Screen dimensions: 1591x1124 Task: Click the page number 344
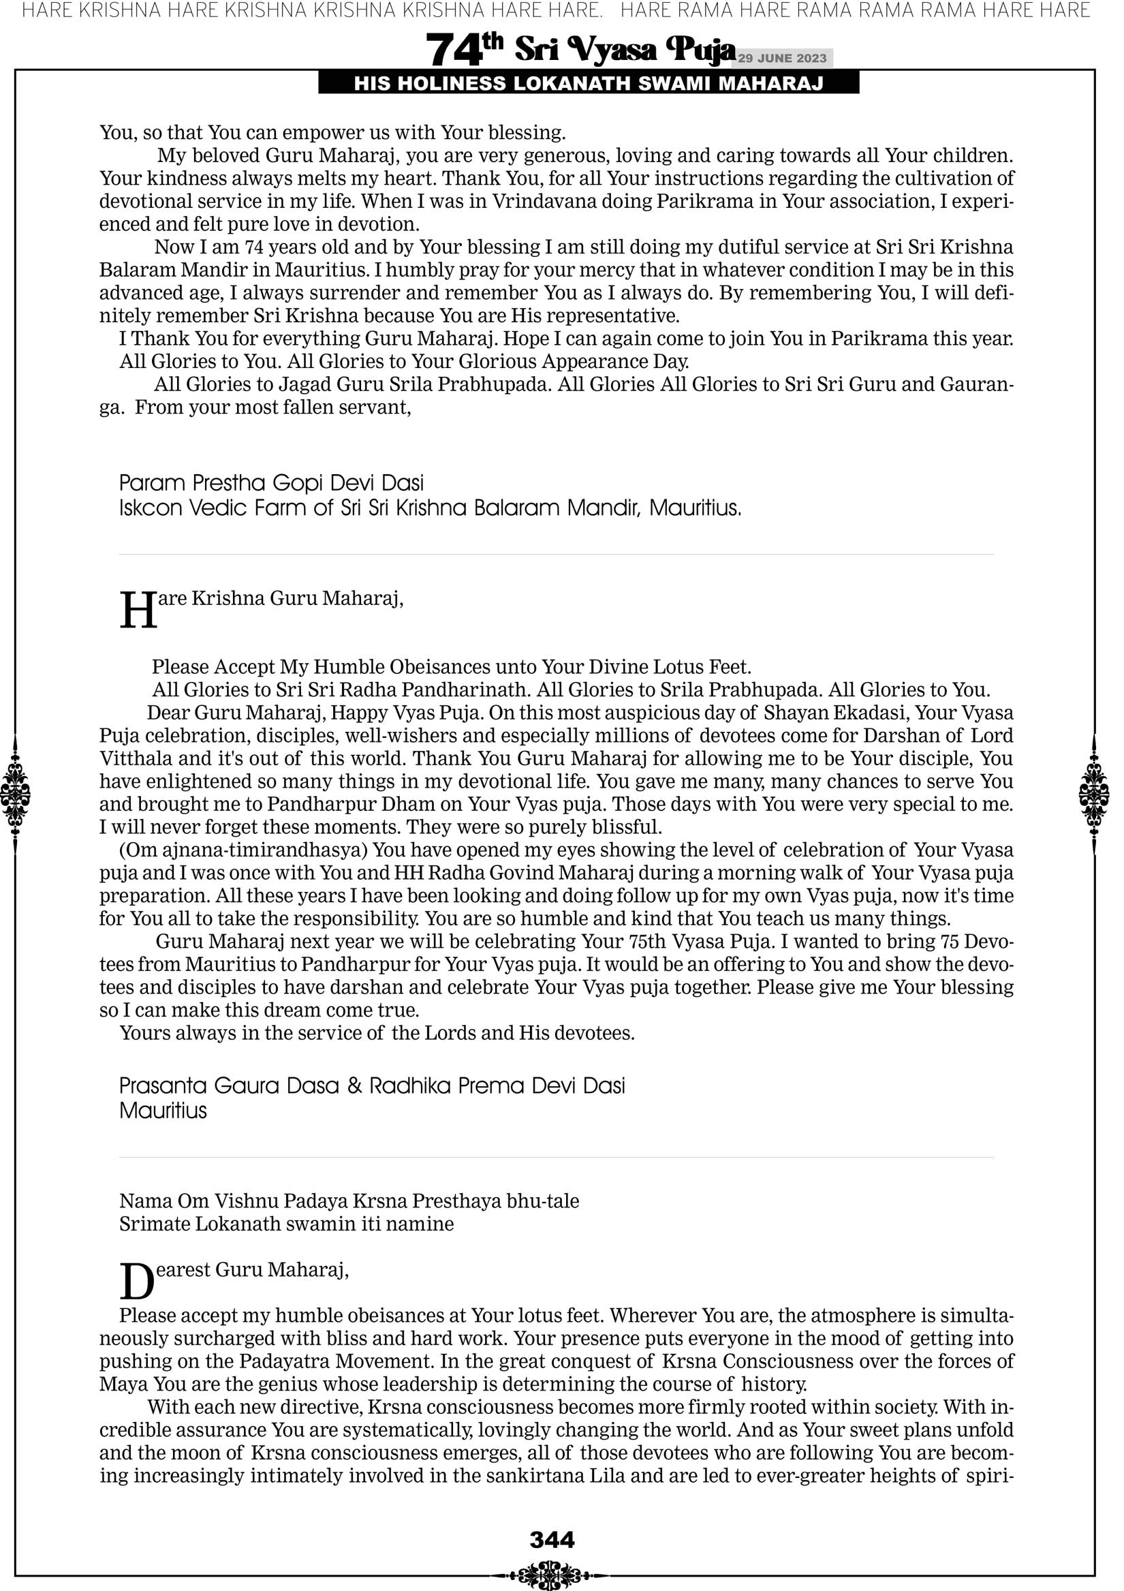(552, 1539)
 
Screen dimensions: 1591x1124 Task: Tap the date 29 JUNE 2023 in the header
(781, 58)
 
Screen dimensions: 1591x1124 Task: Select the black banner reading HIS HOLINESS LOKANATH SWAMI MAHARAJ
(589, 84)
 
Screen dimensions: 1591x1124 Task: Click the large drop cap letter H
(138, 611)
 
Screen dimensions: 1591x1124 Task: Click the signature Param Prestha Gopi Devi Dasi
(271, 483)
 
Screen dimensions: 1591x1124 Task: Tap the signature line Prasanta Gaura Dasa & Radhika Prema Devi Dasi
(371, 1085)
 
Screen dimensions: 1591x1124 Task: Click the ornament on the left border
(15, 794)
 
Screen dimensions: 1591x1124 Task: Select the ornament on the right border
(1094, 794)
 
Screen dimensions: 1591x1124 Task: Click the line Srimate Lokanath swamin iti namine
(286, 1224)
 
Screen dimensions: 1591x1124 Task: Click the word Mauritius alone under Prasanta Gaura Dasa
(163, 1111)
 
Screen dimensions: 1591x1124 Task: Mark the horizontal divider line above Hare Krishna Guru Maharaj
(556, 555)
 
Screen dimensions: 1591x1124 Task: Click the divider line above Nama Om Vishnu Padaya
(556, 1157)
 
